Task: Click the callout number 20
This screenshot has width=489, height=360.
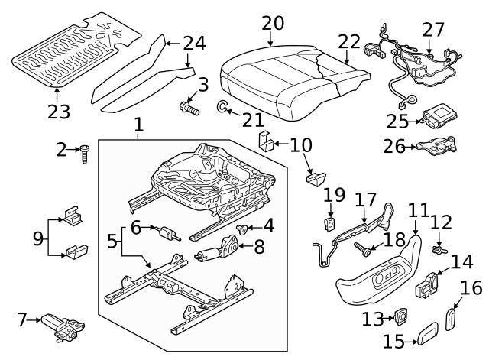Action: [x=272, y=24]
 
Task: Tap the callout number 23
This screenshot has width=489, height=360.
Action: [x=58, y=112]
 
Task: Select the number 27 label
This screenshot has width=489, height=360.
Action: [x=432, y=29]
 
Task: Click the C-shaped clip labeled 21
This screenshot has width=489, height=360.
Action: [x=221, y=107]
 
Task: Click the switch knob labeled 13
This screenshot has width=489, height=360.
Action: [x=399, y=316]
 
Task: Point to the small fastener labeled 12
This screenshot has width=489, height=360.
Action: [x=439, y=248]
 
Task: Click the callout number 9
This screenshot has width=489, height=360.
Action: [x=37, y=238]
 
